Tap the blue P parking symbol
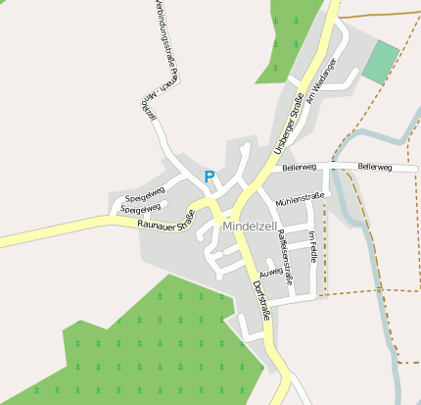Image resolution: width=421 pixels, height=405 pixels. click(x=209, y=177)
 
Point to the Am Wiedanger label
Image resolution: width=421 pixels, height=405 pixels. click(x=321, y=82)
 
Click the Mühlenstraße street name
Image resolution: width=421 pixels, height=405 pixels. click(x=300, y=200)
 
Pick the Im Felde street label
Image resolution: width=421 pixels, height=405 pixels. click(x=312, y=246)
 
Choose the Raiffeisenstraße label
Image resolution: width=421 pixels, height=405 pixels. click(x=285, y=257)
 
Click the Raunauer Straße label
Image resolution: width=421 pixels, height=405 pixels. click(x=165, y=225)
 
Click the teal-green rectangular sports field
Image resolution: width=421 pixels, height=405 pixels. click(x=380, y=63)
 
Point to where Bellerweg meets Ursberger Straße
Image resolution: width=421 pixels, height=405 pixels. click(x=270, y=169)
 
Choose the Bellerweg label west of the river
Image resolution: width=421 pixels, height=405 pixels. click(x=300, y=169)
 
